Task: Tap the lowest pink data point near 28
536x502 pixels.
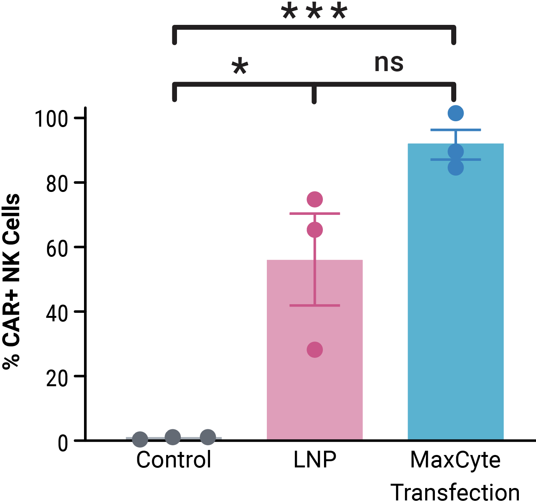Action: [315, 350]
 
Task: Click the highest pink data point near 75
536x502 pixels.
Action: [315, 199]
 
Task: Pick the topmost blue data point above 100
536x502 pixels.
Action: [455, 113]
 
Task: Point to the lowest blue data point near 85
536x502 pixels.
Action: [455, 167]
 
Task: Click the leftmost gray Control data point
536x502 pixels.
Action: [140, 439]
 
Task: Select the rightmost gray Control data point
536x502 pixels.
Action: [208, 437]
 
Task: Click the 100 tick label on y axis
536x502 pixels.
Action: [51, 119]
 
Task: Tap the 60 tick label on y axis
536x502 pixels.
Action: [57, 248]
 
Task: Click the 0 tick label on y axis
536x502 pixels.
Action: [63, 443]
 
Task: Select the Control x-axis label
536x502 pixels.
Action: [173, 460]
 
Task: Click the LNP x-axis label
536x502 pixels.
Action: [315, 460]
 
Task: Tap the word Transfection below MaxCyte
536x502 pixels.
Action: [455, 492]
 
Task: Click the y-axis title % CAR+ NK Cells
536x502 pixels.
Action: [12, 282]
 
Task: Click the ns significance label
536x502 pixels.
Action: [389, 63]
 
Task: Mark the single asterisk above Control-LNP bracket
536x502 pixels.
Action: [240, 67]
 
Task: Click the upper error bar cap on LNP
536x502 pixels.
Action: [315, 213]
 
